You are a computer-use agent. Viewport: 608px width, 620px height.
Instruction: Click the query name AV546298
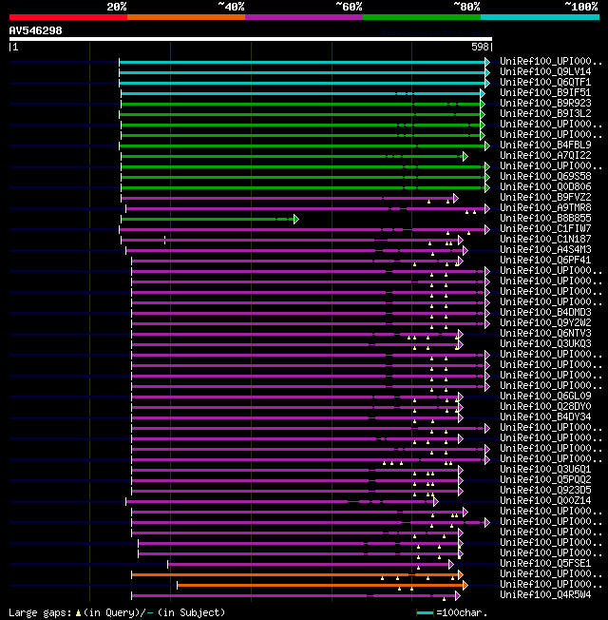(x=36, y=30)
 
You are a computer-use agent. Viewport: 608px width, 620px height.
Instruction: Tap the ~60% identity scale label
(x=349, y=6)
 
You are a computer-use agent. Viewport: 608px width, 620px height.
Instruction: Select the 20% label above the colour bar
(x=117, y=6)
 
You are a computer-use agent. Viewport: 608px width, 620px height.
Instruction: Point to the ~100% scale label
(x=581, y=6)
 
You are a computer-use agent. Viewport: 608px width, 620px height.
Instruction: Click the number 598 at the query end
(x=480, y=47)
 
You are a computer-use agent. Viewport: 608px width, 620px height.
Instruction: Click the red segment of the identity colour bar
(x=67, y=16)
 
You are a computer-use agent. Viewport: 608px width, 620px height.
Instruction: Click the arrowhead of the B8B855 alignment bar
(x=295, y=219)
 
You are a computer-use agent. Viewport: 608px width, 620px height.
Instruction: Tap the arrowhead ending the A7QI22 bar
(x=465, y=156)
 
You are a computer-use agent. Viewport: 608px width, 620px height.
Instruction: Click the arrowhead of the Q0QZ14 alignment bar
(x=435, y=501)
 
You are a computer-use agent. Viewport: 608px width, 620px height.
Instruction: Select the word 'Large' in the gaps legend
(x=23, y=612)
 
